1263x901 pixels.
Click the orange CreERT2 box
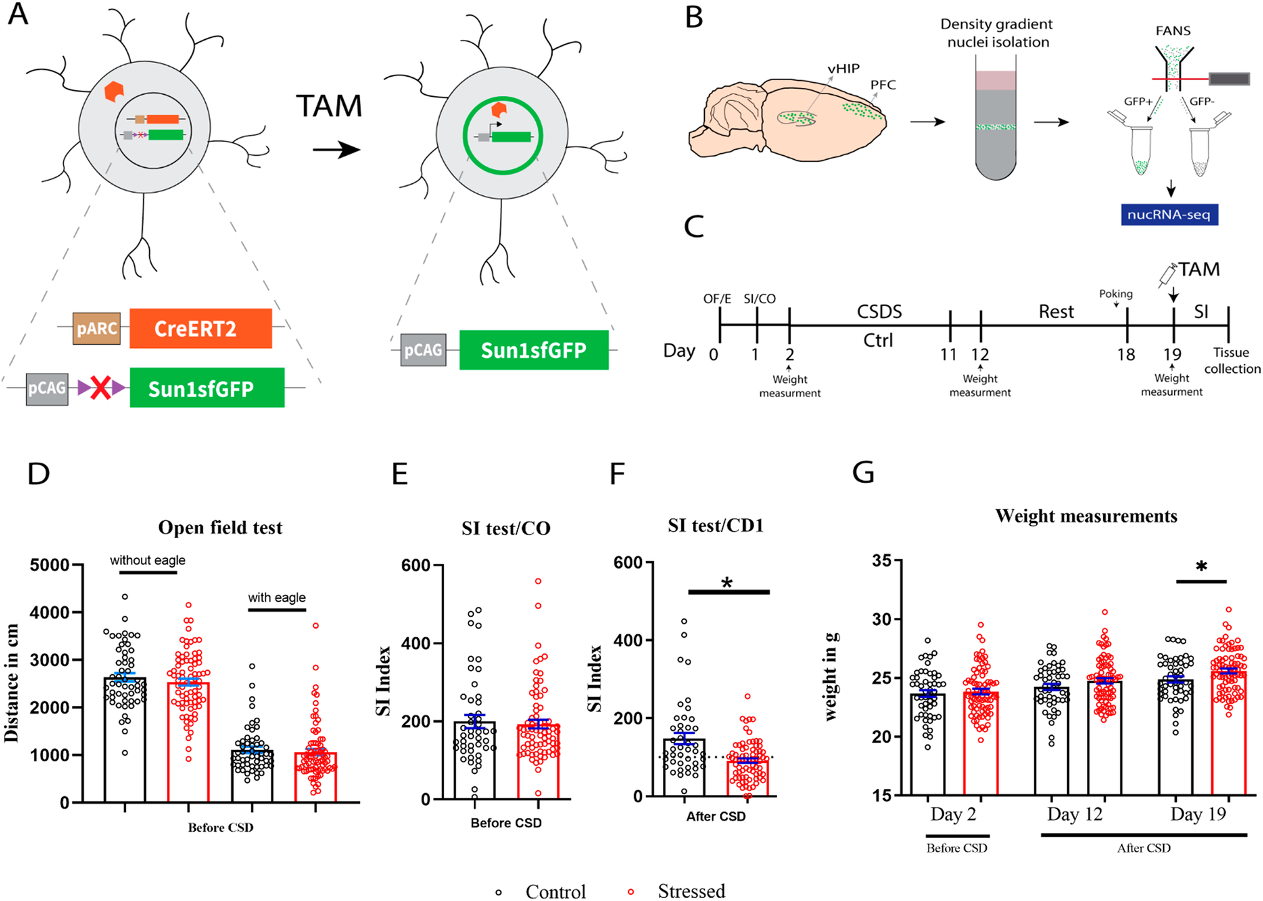tap(200, 329)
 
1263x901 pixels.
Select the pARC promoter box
tap(97, 329)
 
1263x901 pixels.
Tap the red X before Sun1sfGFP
tap(101, 388)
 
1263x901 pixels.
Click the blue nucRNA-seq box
tap(1169, 214)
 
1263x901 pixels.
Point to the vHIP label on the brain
tap(843, 69)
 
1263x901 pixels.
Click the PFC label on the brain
tap(883, 85)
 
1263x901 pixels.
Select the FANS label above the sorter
tap(1173, 31)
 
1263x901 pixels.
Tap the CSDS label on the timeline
tap(879, 311)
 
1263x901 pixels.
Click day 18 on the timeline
tap(1126, 355)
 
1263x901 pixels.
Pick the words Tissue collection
tap(1232, 360)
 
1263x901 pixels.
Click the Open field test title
tap(220, 528)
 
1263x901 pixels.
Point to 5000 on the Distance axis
tap(49, 565)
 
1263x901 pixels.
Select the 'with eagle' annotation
tap(277, 597)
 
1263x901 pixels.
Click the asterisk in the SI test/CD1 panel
tap(727, 583)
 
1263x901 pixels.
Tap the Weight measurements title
tap(1086, 516)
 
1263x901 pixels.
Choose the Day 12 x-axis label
tap(1075, 814)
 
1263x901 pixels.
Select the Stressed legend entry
tap(690, 891)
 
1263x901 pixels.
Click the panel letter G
tap(863, 473)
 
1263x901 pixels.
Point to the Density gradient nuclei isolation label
tap(997, 33)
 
